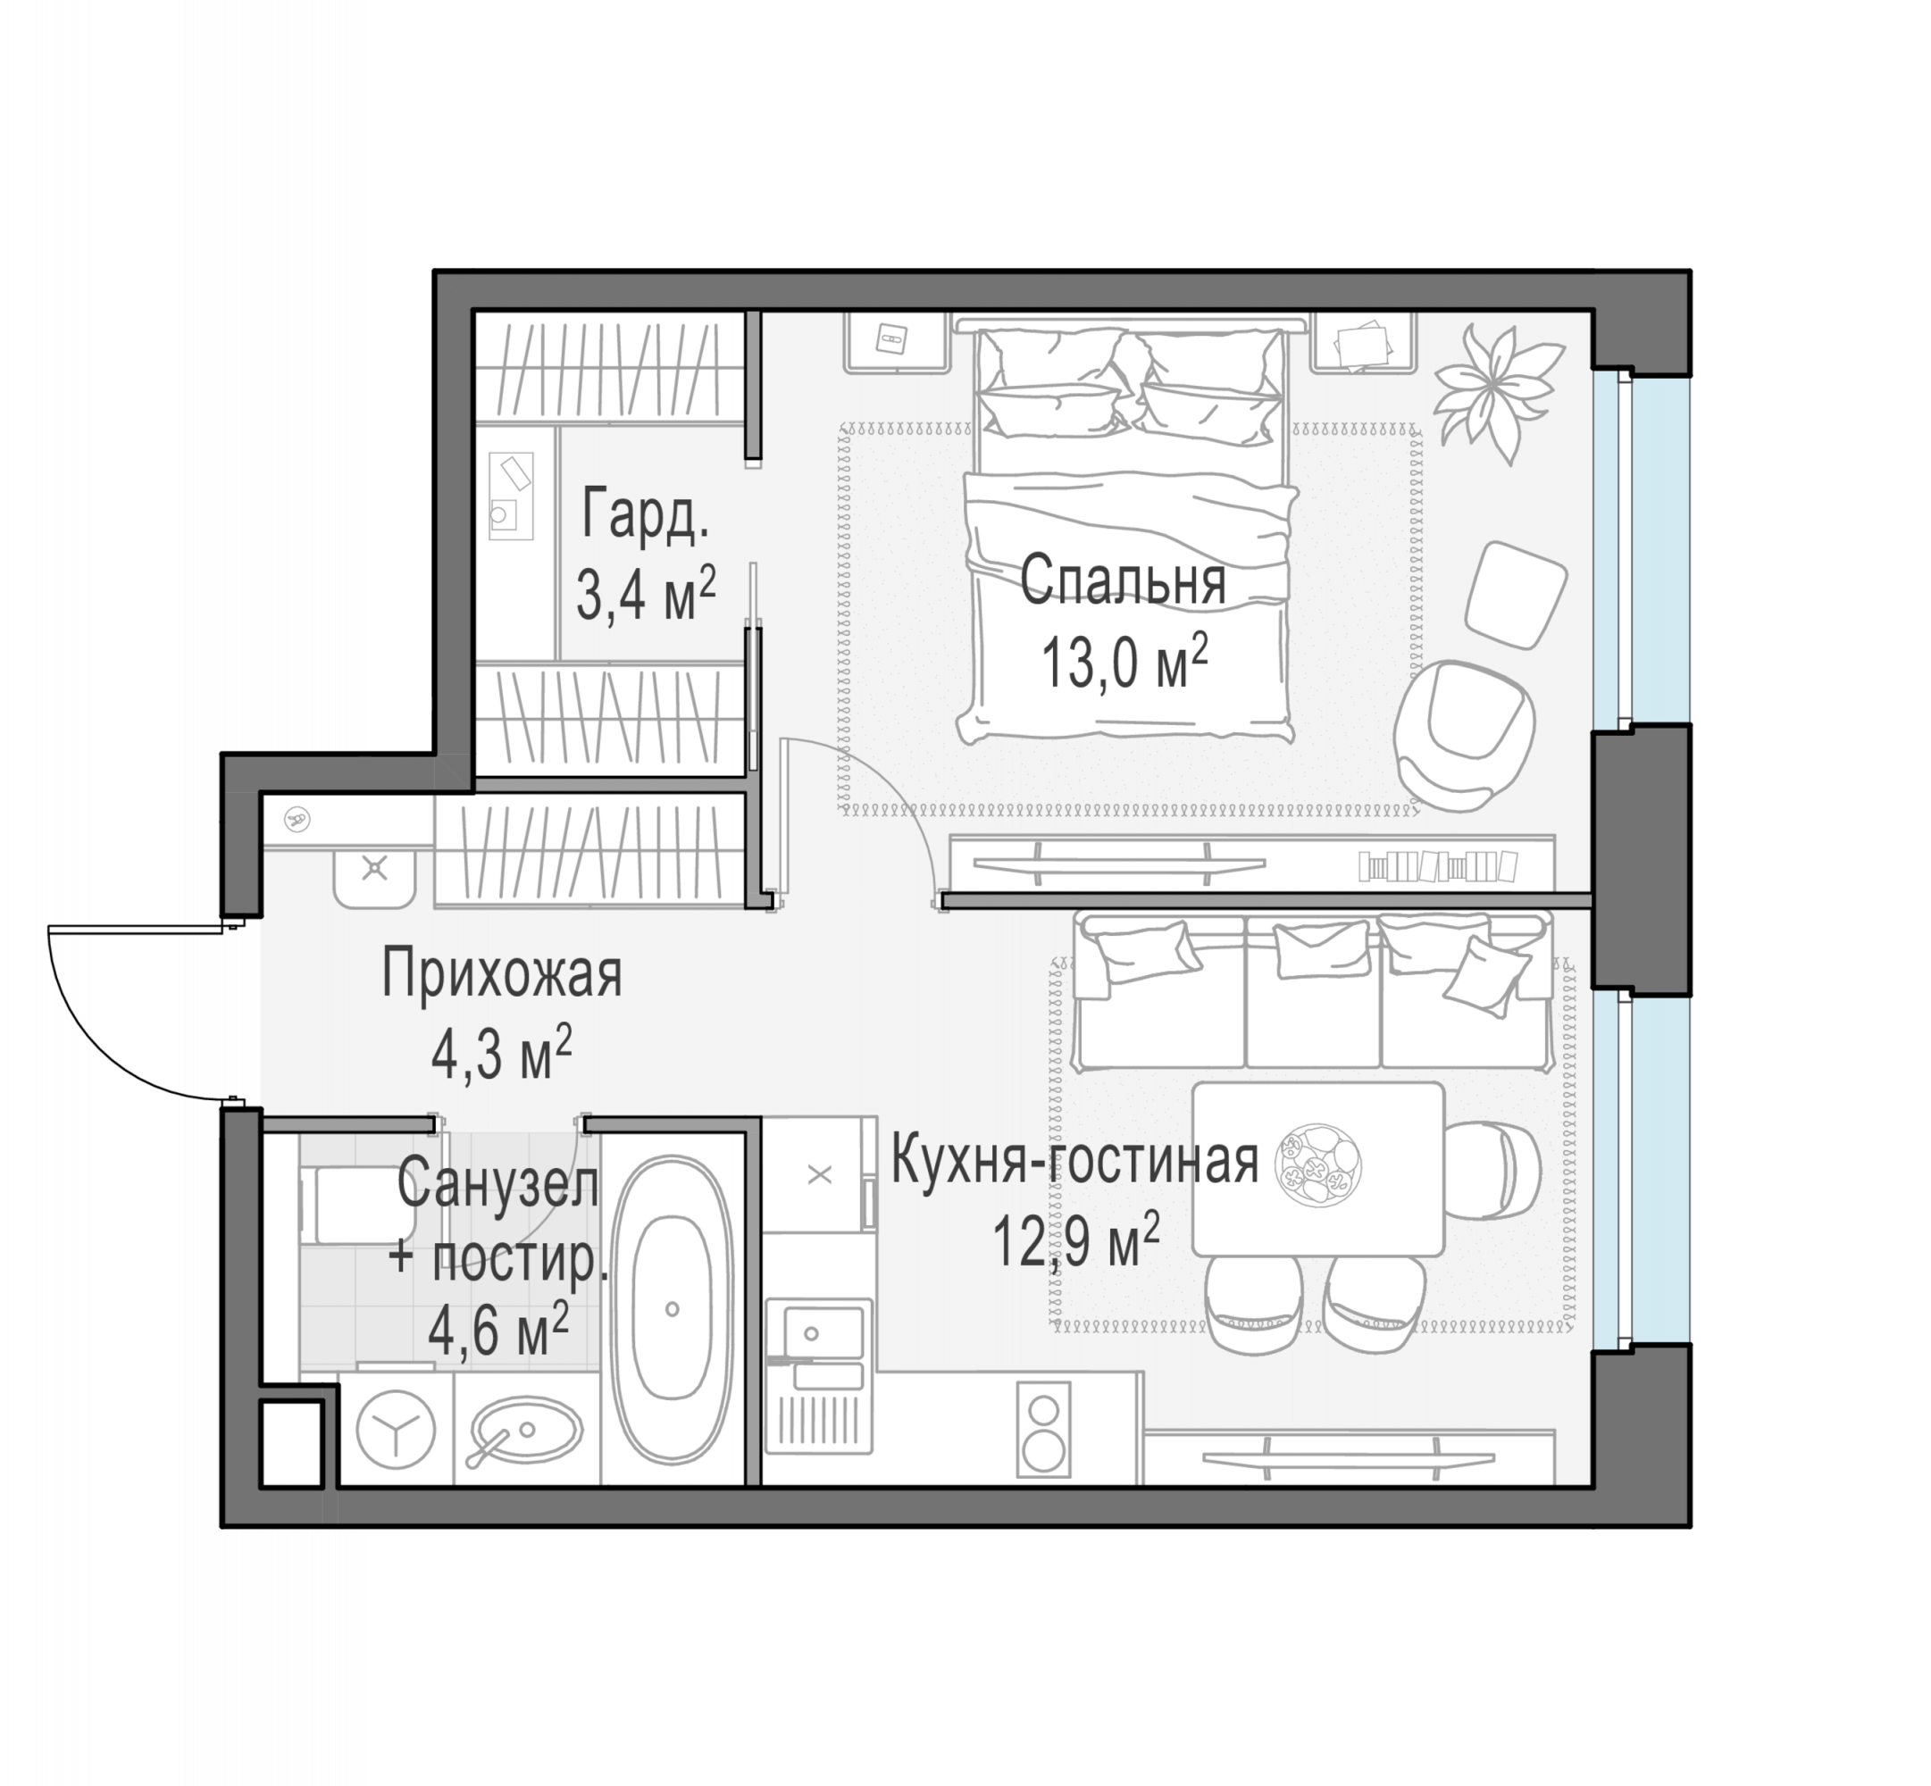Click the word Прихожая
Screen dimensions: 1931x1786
tap(502, 973)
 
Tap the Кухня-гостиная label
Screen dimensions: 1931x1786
tap(1074, 1161)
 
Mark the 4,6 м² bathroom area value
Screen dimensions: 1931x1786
tap(497, 1329)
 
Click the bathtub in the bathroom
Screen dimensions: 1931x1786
tap(672, 1309)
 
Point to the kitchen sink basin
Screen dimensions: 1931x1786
tap(813, 1334)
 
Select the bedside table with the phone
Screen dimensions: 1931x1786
tap(894, 341)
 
